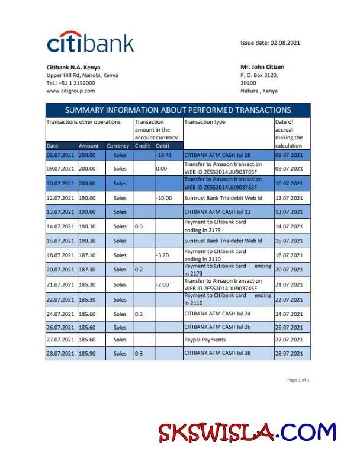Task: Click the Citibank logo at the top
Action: (90, 43)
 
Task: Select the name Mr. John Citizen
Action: (262, 67)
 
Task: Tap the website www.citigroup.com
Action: (70, 91)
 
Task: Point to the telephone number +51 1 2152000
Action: (70, 84)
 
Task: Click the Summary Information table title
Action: (178, 110)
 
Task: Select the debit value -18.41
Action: (163, 155)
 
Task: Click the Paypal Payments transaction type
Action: (205, 340)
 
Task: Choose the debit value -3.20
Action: (163, 255)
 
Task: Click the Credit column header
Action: (142, 146)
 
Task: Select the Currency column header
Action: (118, 146)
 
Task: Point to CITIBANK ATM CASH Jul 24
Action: (217, 314)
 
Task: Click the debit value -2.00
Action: (163, 284)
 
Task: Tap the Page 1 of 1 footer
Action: (298, 380)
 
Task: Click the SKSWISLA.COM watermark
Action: (246, 433)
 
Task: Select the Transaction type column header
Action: (205, 122)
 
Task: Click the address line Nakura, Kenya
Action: (259, 91)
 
